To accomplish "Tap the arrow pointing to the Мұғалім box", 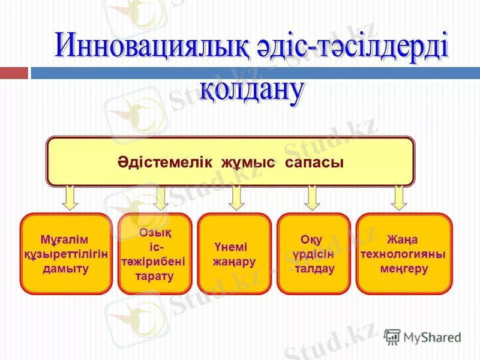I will [70, 197].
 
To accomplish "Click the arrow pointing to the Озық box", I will [160, 197].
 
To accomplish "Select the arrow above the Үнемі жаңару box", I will [236, 197].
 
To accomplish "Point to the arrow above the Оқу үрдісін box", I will [311, 197].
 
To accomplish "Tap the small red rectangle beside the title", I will [14, 73].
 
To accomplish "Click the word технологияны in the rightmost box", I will [403, 254].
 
